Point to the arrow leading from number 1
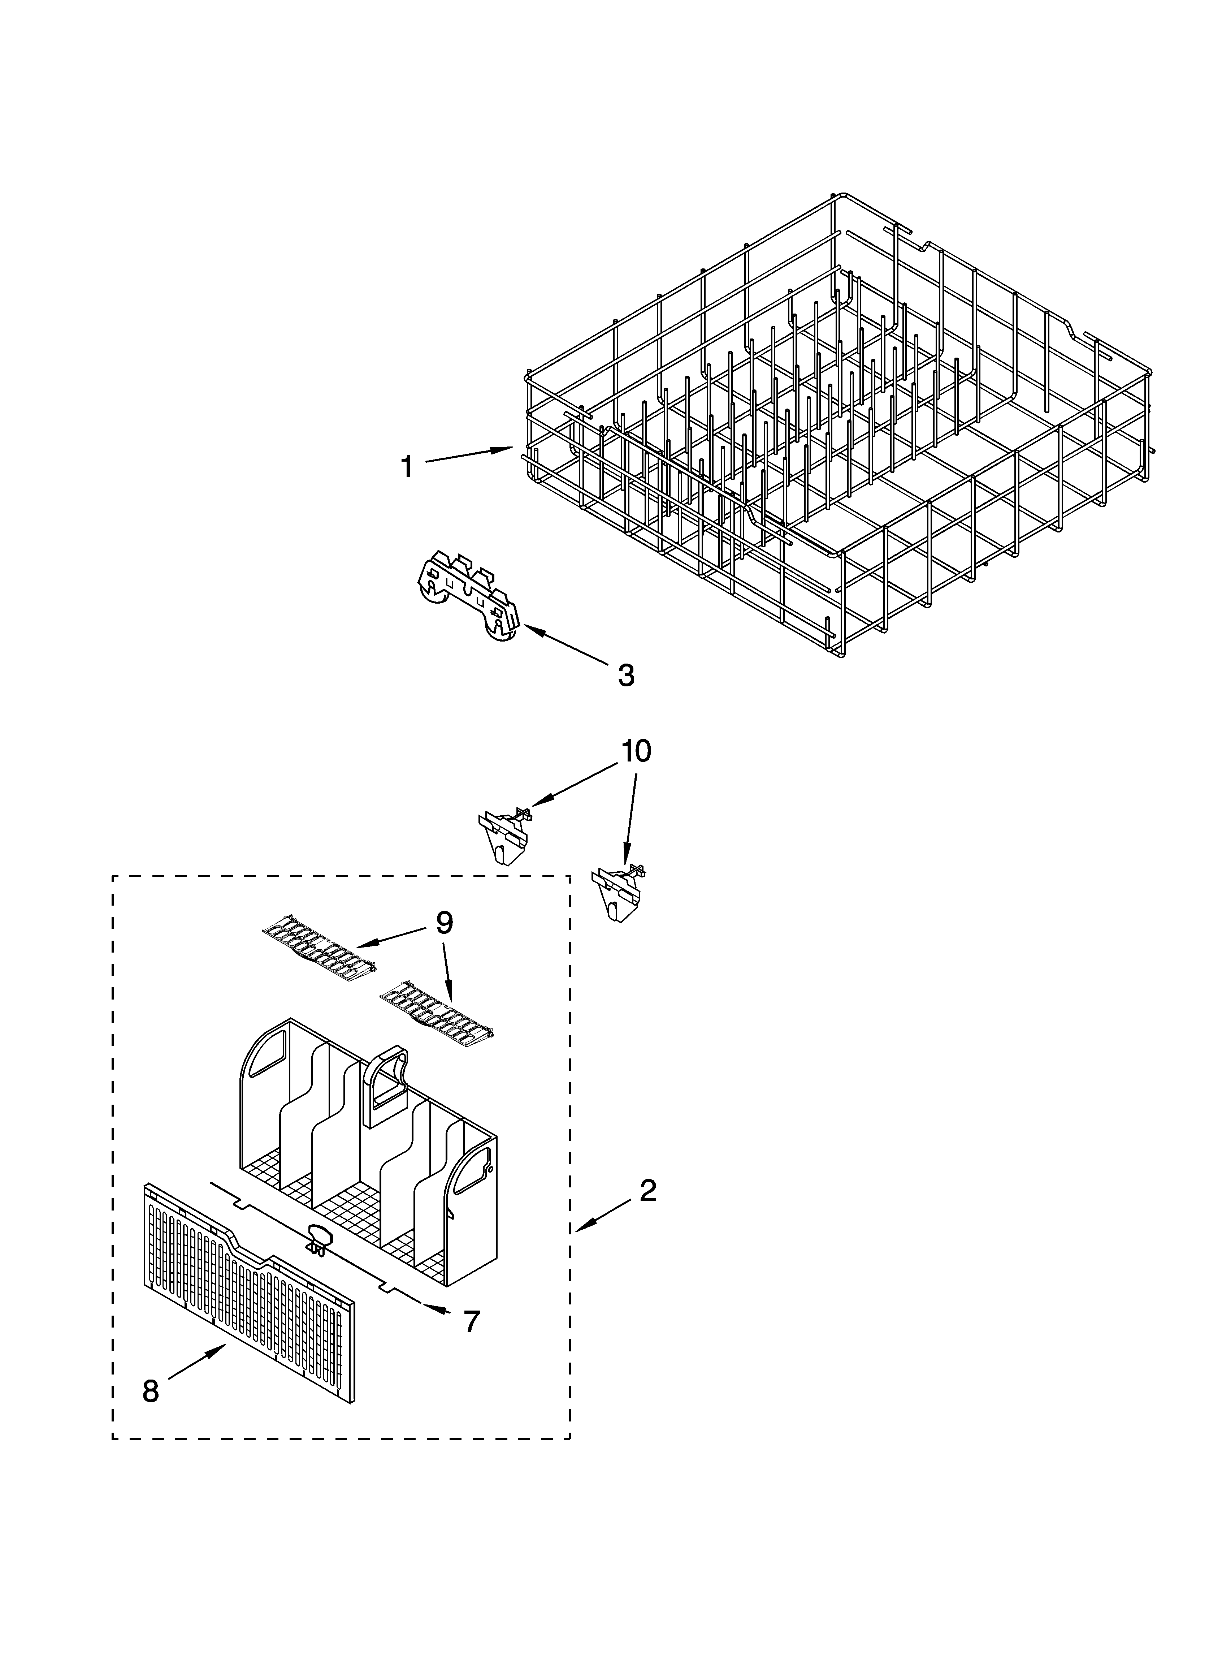tap(469, 454)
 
